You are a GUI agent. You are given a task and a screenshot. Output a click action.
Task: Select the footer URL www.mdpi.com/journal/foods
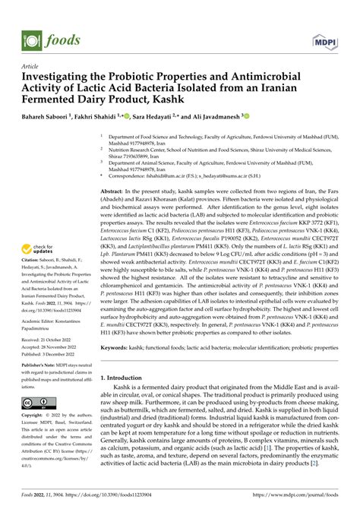[x=295, y=495]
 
